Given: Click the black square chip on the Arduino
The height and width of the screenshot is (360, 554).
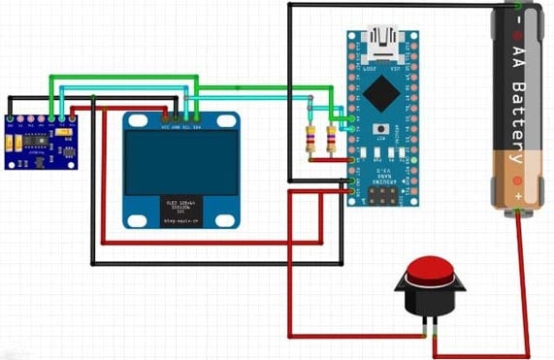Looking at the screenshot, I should [385, 95].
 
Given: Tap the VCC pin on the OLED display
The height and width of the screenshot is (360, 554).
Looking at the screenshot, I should [164, 123].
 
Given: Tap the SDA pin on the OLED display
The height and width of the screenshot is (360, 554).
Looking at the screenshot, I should [198, 123].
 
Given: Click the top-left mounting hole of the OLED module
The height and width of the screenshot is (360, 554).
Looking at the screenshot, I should [130, 120].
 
